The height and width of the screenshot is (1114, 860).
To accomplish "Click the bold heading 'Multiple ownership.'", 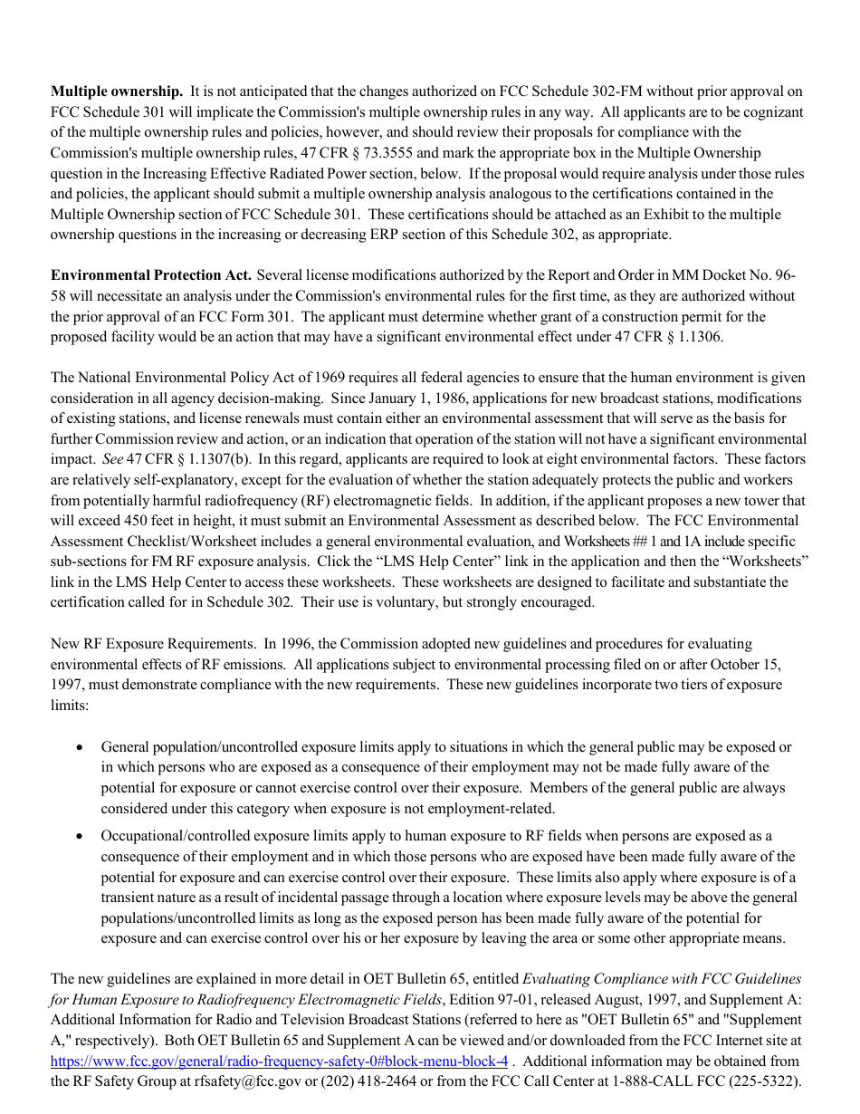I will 117,91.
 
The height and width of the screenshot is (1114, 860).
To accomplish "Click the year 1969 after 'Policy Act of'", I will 323,378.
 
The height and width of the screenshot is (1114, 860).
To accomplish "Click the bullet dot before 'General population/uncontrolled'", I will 81,748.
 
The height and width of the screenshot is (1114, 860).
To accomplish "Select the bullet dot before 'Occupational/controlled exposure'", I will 81,837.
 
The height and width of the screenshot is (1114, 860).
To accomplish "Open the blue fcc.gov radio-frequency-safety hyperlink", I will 279,1061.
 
